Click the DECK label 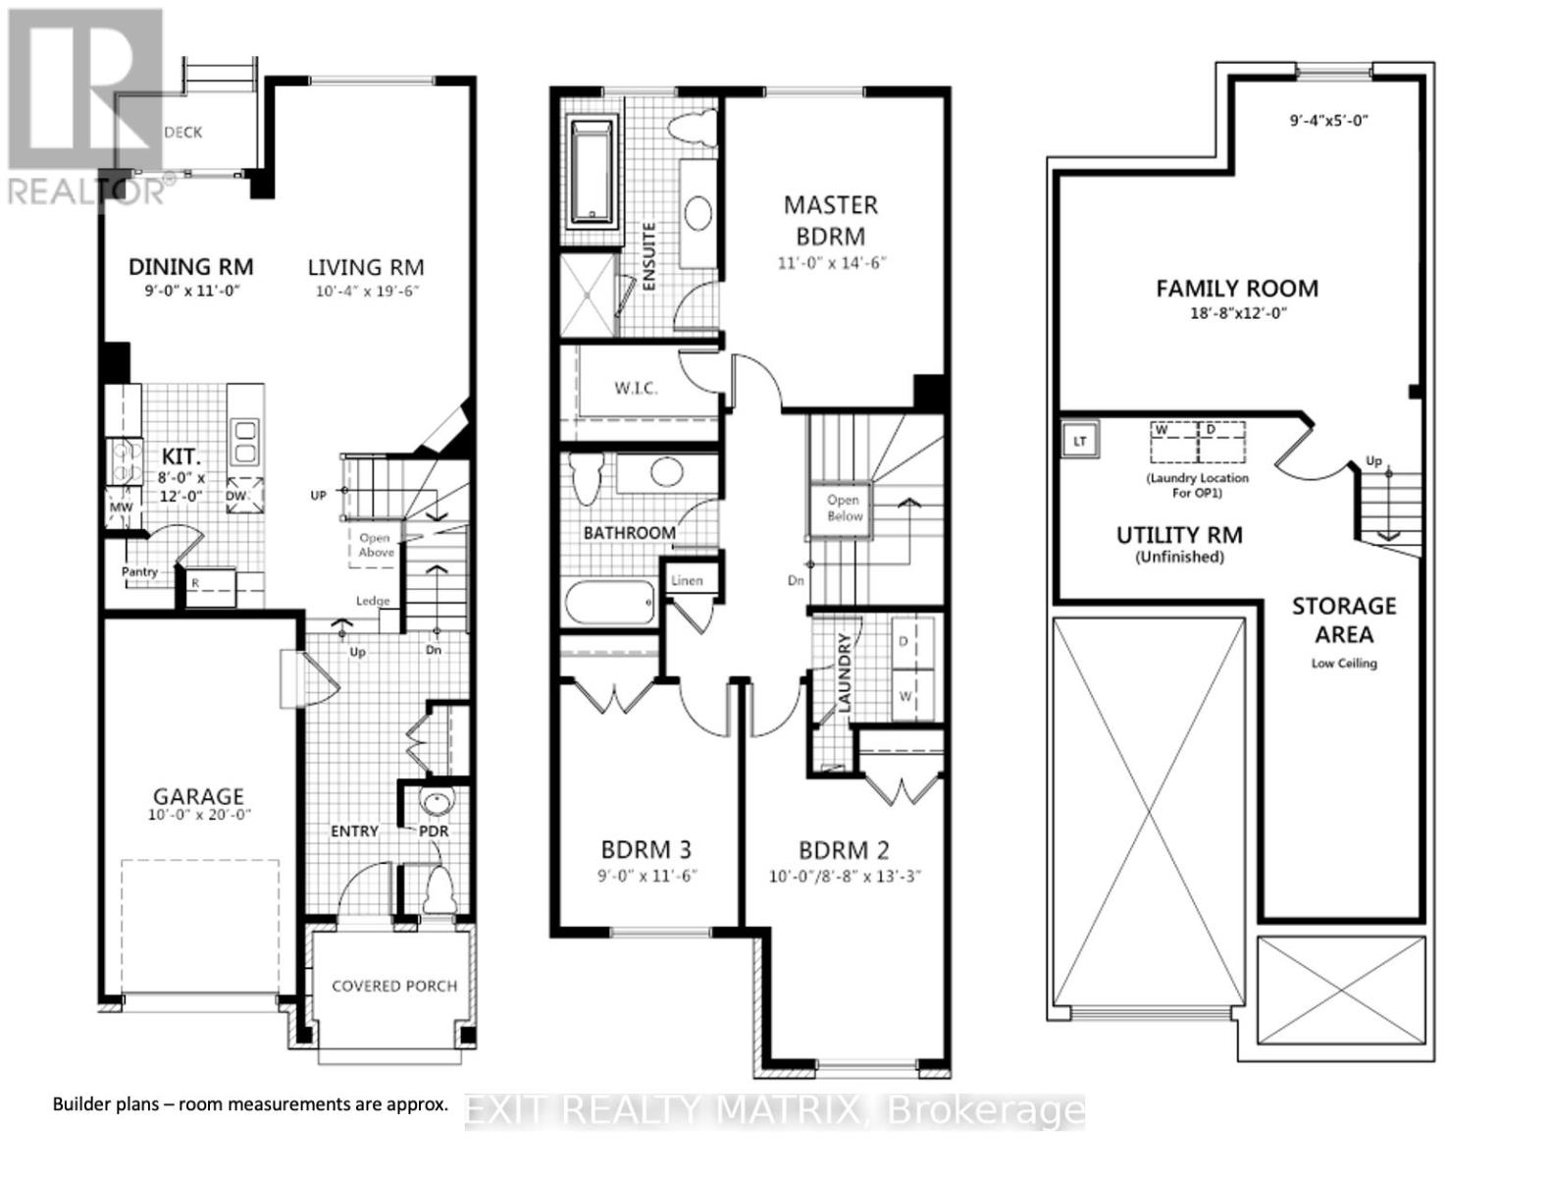coord(182,133)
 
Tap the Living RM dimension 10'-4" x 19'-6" coord(367,292)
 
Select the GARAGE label coord(198,796)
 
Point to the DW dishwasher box coord(244,496)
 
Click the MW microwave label coord(121,508)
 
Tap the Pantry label coord(140,571)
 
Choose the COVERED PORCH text coord(394,986)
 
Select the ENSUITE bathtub coord(593,173)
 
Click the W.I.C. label coord(637,388)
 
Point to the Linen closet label coord(687,581)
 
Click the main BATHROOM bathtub coord(609,603)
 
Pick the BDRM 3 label coord(646,849)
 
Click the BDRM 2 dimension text coord(846,877)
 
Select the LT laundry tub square coord(1079,442)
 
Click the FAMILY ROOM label coord(1236,289)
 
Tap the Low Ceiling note coord(1344,664)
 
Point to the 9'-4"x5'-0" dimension coord(1329,121)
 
